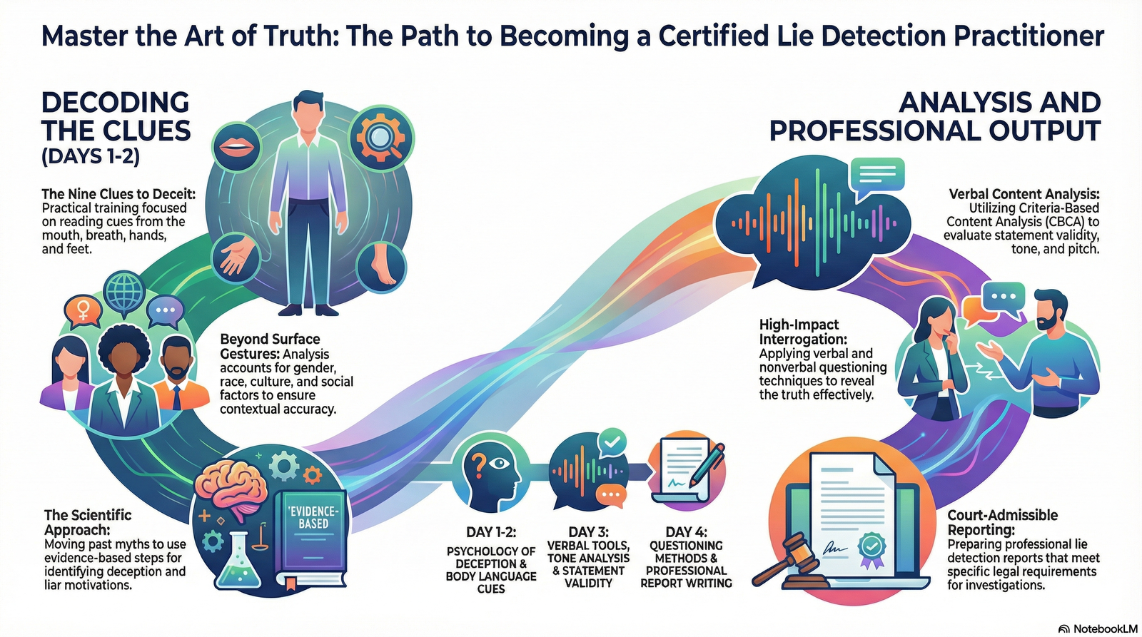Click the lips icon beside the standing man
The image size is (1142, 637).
[x=233, y=148]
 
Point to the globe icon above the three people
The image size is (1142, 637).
[x=123, y=291]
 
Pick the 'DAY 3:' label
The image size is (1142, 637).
[x=587, y=532]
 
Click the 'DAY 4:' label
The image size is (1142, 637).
[x=686, y=532]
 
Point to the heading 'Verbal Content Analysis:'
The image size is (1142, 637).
[x=1024, y=194]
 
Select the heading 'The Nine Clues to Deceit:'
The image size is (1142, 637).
[x=118, y=194]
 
